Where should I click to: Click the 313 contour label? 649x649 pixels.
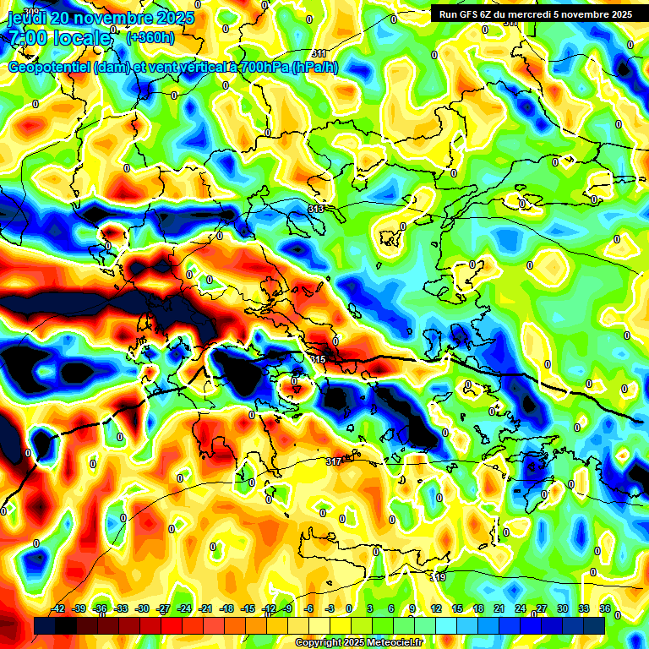[x=316, y=209]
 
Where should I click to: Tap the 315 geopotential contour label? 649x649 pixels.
[x=318, y=360]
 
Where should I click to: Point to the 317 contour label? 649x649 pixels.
[x=334, y=461]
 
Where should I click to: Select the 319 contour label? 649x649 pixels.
[x=438, y=577]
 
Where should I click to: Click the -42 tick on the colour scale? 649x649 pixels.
[x=59, y=608]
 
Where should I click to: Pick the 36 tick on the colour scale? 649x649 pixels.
[x=605, y=608]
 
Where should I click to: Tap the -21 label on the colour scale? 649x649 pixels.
[x=205, y=608]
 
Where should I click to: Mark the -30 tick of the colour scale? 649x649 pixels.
[x=143, y=608]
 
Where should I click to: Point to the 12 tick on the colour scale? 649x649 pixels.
[x=436, y=608]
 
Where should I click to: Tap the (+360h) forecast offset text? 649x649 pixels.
[x=150, y=37]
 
